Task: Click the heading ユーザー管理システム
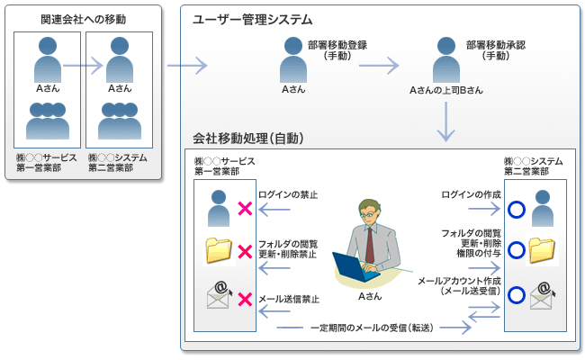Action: click(253, 19)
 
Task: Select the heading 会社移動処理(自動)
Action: click(247, 139)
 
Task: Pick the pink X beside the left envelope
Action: click(244, 296)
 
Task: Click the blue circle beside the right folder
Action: click(516, 251)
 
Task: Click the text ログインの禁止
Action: click(287, 195)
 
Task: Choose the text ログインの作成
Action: click(472, 195)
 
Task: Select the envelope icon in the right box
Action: click(541, 294)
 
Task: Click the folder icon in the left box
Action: click(219, 250)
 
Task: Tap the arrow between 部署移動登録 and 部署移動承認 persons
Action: click(379, 65)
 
